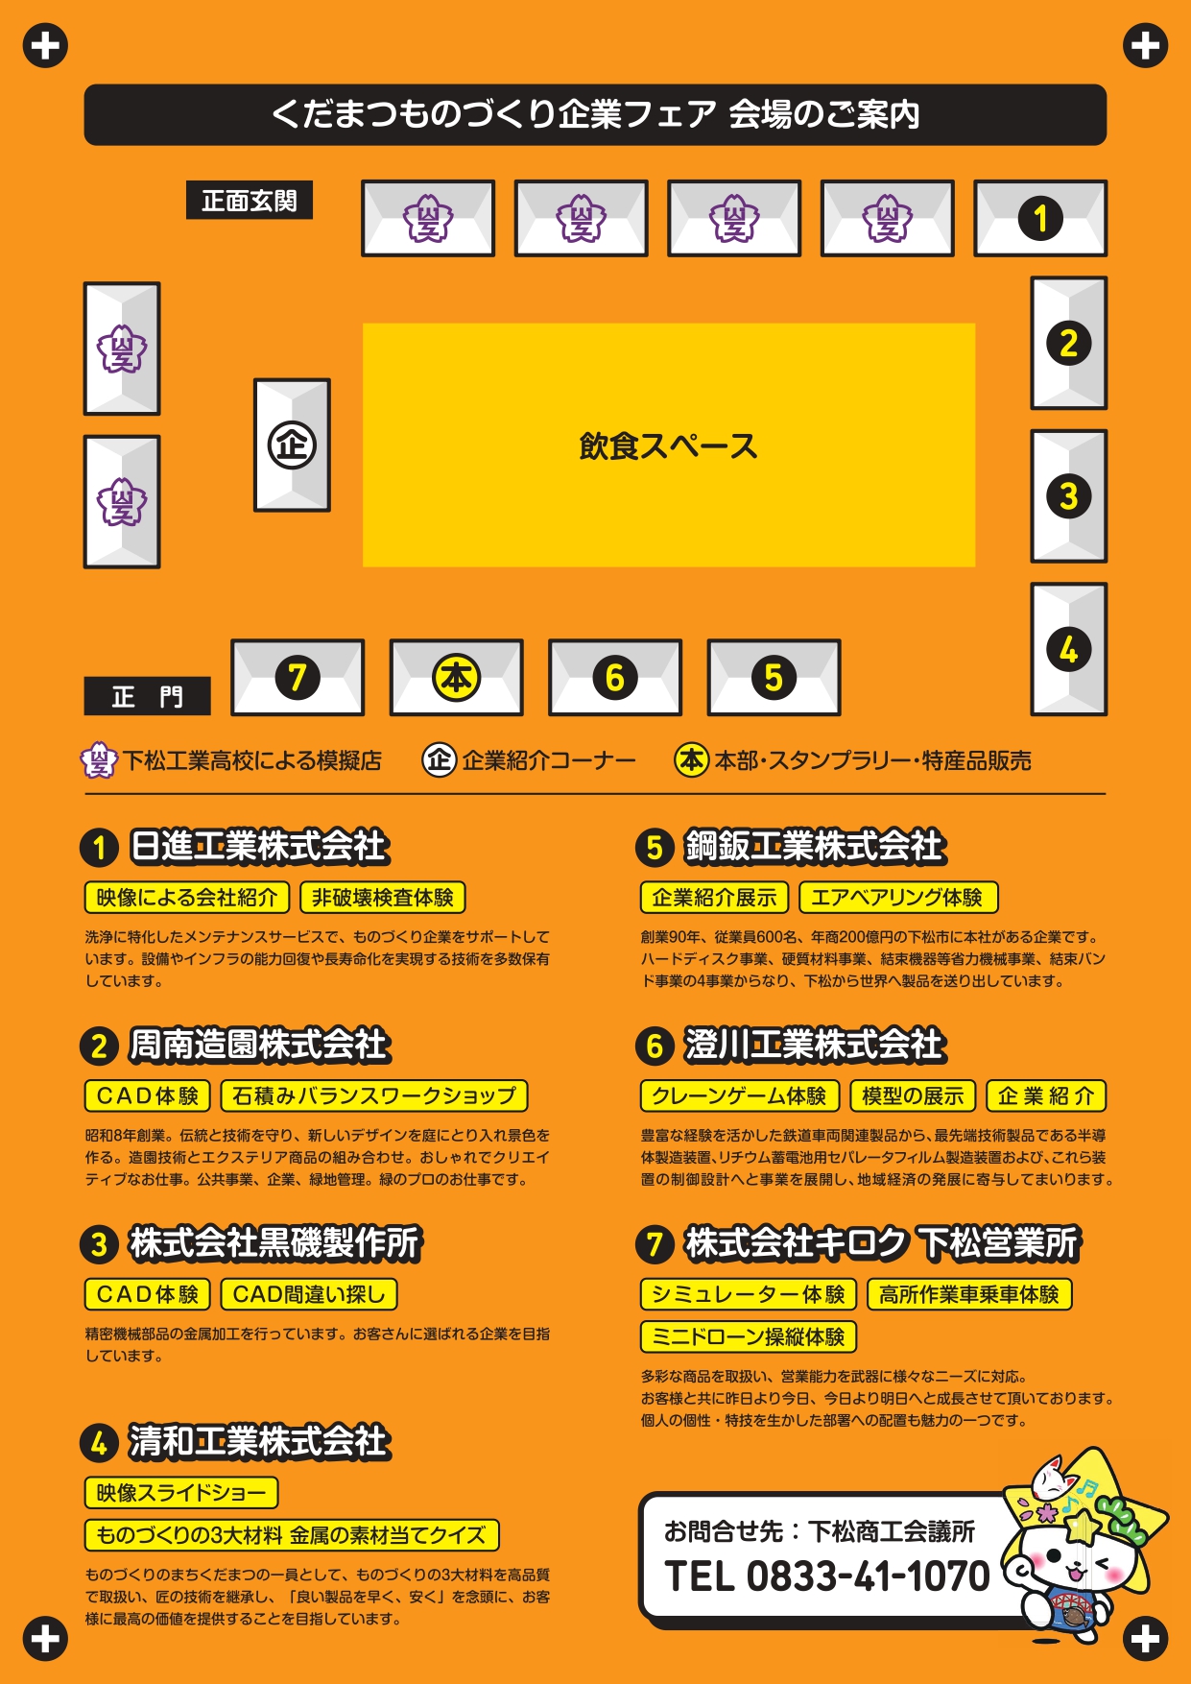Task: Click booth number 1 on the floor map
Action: pos(1040,218)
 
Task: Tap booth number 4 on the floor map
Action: pos(1069,649)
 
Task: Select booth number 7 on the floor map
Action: pos(298,678)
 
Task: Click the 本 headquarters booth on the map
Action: pos(456,678)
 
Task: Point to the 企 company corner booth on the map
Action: pos(292,445)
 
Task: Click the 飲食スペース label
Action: pos(668,446)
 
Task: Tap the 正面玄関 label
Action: pos(250,201)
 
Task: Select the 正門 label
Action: pos(147,696)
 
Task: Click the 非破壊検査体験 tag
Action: pos(383,898)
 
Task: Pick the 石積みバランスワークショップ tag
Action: pos(374,1095)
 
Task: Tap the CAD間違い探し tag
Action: pos(309,1294)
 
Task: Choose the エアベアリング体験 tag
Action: pos(898,898)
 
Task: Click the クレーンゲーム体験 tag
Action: pos(740,1095)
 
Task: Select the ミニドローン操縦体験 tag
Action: pos(749,1336)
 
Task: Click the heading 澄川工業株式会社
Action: pos(815,1045)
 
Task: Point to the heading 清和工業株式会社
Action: pos(259,1441)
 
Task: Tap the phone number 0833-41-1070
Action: pos(868,1576)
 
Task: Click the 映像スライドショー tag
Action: pos(181,1493)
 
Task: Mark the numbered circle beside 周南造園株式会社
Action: pos(99,1046)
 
